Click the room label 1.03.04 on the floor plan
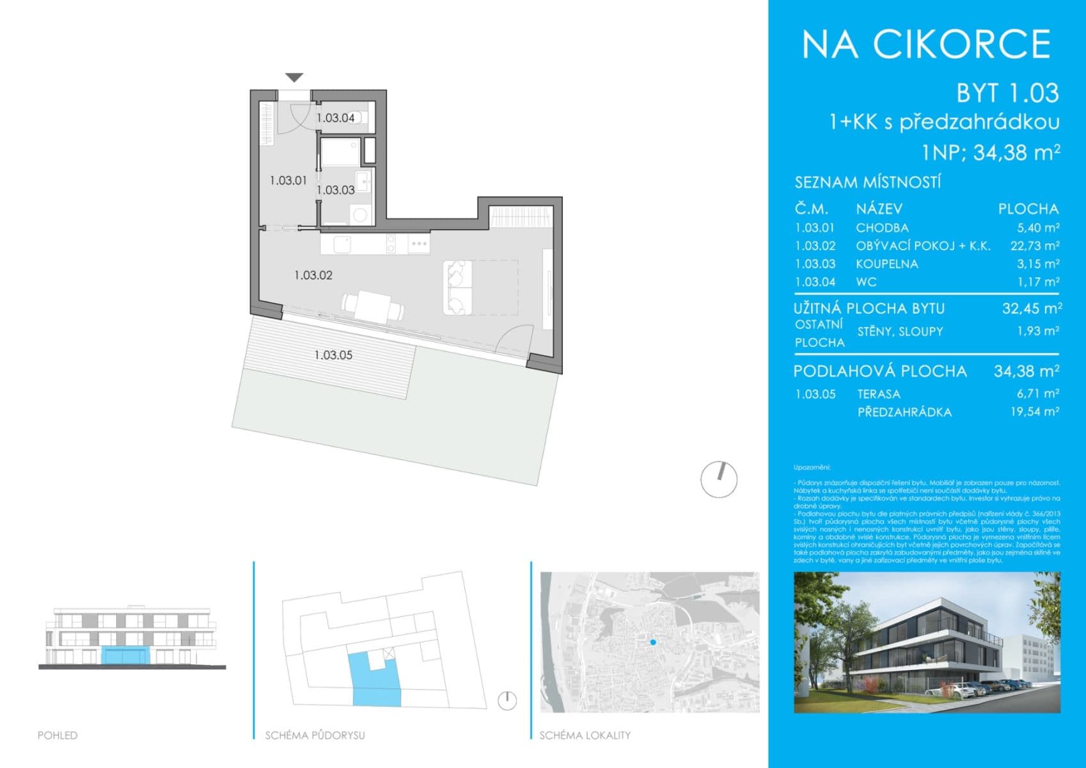(336, 118)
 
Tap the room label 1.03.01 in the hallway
(288, 180)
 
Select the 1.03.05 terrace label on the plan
(333, 355)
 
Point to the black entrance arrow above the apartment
(294, 78)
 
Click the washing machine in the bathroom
(361, 214)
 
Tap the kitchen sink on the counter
(342, 244)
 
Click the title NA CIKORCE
(926, 44)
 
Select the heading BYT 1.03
(1007, 93)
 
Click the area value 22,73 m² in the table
(1035, 246)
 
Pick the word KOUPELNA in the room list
(887, 264)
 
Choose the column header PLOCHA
(1028, 209)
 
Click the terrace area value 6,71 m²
(1038, 394)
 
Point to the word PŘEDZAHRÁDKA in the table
(904, 412)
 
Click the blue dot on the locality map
(652, 642)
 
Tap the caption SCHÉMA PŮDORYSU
(315, 735)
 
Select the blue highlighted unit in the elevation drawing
(125, 655)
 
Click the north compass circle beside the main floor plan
(719, 479)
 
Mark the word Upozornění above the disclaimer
(812, 468)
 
